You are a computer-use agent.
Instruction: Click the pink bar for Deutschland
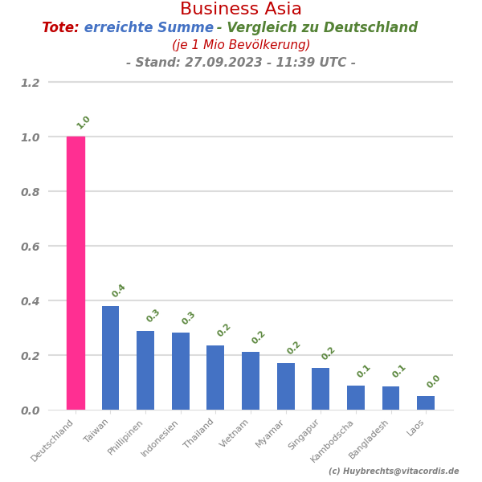tap(76, 273)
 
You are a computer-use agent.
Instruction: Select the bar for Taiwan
tap(110, 357)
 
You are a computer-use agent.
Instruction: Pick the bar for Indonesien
tap(181, 371)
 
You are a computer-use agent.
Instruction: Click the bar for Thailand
tap(215, 378)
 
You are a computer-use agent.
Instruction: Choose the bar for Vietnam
tap(251, 381)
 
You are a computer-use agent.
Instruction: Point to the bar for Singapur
tap(321, 389)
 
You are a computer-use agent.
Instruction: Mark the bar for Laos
tap(426, 402)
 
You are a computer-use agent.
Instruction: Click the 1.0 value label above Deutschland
tap(84, 122)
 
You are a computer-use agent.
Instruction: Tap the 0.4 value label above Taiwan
tap(119, 291)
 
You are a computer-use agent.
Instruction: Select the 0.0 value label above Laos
tap(434, 382)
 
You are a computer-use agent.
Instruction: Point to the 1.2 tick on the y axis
tap(30, 83)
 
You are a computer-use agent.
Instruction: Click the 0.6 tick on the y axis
tap(30, 247)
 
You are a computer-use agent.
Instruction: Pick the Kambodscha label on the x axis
tap(333, 440)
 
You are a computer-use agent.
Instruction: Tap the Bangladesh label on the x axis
tap(369, 439)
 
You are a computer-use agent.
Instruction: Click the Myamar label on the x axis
tap(270, 434)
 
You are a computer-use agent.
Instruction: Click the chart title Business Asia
tap(241, 10)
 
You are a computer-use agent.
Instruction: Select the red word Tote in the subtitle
tap(60, 28)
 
